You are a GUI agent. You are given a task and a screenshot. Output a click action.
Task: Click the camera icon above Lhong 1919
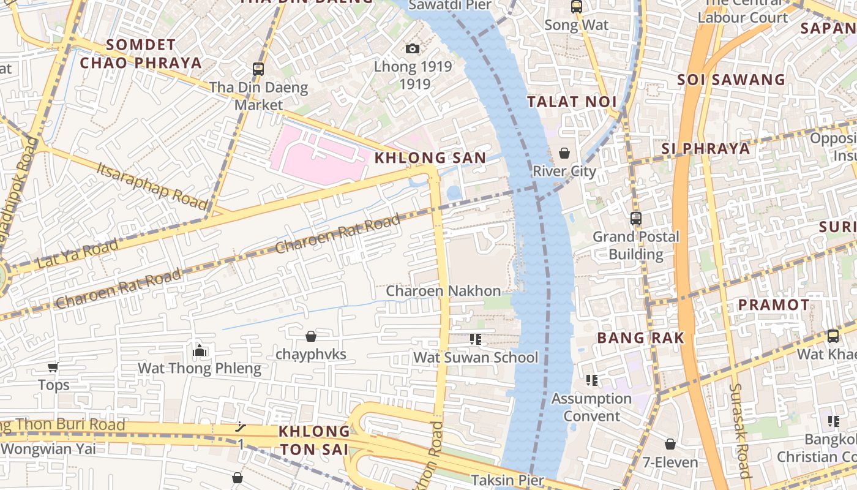pos(413,48)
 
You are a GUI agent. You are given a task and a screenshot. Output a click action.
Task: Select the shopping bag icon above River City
pos(564,153)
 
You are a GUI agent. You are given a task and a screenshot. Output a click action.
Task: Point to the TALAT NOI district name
pos(572,102)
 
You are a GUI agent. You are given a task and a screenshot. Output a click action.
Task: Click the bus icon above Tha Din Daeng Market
pos(258,69)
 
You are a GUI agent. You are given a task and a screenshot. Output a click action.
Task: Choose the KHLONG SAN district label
pos(430,158)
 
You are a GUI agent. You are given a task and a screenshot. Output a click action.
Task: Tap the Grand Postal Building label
pos(636,245)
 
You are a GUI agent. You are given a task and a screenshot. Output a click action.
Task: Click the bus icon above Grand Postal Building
pos(636,218)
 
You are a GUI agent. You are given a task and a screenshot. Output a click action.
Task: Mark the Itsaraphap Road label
pos(152,184)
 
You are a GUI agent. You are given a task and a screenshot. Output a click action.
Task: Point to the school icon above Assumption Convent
pos(591,380)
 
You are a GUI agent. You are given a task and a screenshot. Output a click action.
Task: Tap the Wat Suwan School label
pos(476,357)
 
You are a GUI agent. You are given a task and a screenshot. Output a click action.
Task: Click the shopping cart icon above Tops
pos(53,367)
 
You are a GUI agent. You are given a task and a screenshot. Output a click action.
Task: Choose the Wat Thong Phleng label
pos(200,368)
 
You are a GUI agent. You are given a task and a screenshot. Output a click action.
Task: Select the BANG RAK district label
pos(640,337)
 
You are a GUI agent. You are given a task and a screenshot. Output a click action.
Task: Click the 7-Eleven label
pos(670,462)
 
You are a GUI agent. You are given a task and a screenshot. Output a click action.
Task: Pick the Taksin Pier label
pos(507,480)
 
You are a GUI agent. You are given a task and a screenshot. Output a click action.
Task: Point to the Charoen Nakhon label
pos(443,291)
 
